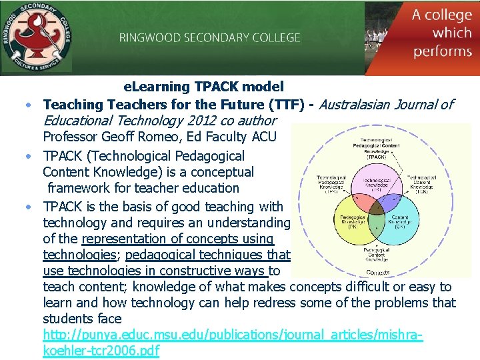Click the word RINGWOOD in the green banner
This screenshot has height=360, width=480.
pos(145,37)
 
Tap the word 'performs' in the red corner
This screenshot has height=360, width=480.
pos(443,51)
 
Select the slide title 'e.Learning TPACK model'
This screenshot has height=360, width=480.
pos(204,87)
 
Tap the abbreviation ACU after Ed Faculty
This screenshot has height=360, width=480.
pos(260,137)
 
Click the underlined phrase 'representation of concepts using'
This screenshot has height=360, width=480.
pos(177,239)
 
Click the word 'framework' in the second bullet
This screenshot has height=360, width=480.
pos(77,189)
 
